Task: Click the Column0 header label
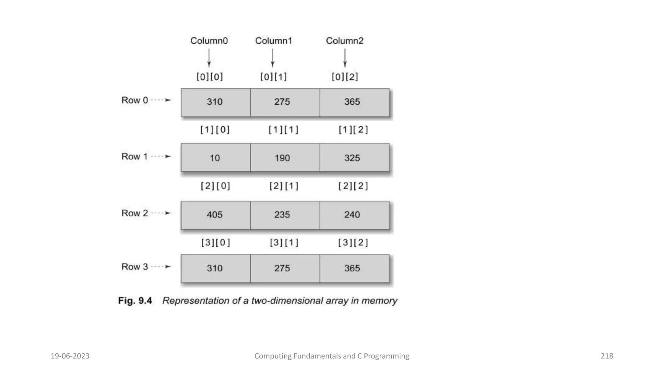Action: point(209,41)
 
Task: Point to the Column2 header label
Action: point(344,41)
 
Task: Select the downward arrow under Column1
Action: point(273,58)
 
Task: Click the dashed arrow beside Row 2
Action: point(161,213)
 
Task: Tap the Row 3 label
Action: point(135,266)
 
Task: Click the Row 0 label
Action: point(135,100)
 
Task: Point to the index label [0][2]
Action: point(345,77)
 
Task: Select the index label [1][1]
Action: point(283,130)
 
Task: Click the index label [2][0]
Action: point(215,186)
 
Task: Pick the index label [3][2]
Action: point(353,243)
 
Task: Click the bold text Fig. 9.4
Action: point(135,300)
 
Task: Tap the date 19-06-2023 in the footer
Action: point(70,356)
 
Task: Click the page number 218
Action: point(607,356)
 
